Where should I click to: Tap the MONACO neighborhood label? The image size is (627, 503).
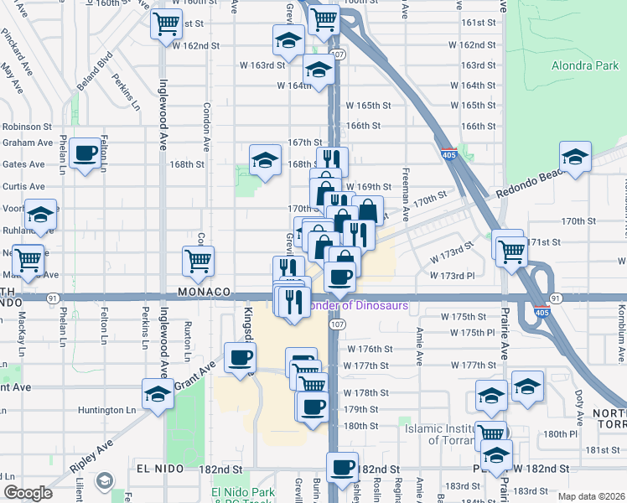click(203, 292)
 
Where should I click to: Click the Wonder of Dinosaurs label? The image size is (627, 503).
click(358, 306)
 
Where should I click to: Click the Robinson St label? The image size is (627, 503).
click(27, 127)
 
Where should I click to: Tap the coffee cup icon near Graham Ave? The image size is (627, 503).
click(85, 153)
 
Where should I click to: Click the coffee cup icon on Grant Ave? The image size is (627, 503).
click(239, 356)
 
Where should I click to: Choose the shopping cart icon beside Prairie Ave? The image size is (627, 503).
click(510, 248)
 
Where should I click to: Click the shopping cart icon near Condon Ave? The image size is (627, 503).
click(198, 261)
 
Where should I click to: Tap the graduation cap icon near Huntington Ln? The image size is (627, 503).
click(158, 394)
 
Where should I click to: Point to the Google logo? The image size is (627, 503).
click(28, 494)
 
